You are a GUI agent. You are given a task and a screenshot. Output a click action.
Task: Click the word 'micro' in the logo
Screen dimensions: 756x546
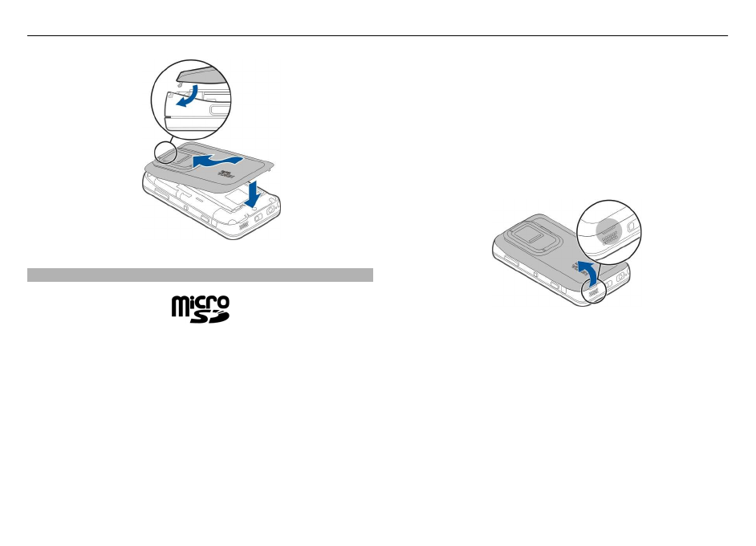click(200, 303)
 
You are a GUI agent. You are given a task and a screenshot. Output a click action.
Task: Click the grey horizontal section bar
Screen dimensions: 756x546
click(200, 275)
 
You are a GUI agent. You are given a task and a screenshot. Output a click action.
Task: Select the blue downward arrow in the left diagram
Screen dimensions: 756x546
click(253, 195)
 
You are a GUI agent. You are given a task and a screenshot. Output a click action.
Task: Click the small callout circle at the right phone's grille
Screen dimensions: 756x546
click(595, 293)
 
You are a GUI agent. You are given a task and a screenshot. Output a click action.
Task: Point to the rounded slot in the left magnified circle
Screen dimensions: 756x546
click(216, 109)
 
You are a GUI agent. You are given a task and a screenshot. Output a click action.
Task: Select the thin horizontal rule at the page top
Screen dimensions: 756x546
click(377, 35)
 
